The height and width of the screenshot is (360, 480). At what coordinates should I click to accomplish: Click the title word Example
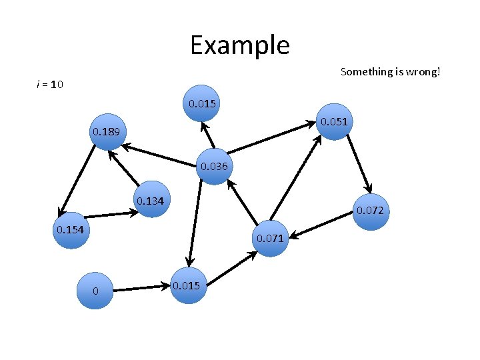[x=239, y=45]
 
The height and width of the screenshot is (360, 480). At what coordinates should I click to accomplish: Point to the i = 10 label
[x=49, y=85]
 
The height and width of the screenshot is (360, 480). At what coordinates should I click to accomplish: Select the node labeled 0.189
[x=107, y=132]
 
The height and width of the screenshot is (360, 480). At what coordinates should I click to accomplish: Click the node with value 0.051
[x=333, y=122]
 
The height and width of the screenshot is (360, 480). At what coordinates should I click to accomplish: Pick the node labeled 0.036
[x=214, y=166]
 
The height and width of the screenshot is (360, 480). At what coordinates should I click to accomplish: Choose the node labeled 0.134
[x=151, y=201]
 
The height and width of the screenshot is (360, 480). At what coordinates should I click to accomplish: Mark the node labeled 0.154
[x=70, y=231]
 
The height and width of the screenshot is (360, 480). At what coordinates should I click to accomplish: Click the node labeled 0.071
[x=271, y=237]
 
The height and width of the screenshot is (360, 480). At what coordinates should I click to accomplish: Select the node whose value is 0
[x=95, y=291]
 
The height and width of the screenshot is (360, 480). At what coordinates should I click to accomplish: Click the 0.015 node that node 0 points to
[x=187, y=285]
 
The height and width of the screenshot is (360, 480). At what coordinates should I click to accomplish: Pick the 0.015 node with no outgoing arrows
[x=201, y=103]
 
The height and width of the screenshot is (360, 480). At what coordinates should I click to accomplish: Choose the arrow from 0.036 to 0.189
[x=160, y=155]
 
